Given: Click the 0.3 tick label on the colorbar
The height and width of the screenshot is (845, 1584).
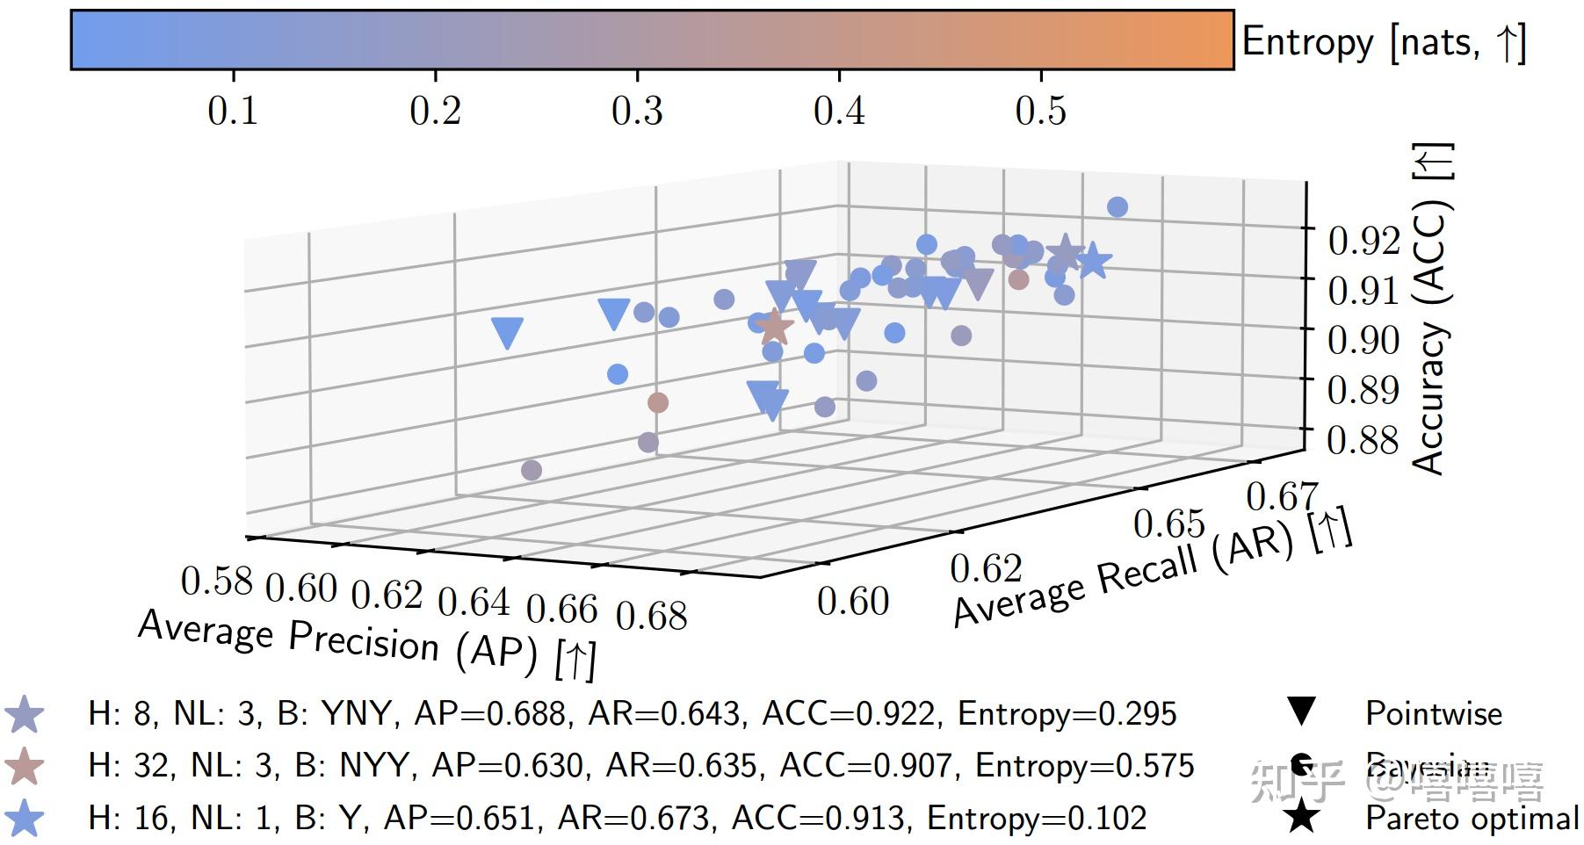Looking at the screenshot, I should (x=637, y=111).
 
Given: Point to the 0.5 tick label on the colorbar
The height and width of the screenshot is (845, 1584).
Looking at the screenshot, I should (x=1040, y=111).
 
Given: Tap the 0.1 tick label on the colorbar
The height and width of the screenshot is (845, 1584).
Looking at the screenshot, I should (x=233, y=111).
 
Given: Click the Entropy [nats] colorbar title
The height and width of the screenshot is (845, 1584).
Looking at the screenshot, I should (x=1383, y=42).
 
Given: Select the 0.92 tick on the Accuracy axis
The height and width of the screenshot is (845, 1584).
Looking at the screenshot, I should (x=1363, y=240).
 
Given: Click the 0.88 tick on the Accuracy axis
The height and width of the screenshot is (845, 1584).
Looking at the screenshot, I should (x=1363, y=439).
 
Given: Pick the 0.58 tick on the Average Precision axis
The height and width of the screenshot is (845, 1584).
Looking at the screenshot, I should (x=216, y=581).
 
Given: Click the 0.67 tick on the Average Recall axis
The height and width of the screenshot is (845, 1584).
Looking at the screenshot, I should (x=1282, y=497).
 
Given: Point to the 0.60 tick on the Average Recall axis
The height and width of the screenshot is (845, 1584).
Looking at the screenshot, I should (x=853, y=602).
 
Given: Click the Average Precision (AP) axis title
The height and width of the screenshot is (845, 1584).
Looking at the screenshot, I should (x=367, y=644).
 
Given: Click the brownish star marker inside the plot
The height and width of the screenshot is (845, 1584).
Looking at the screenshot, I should (x=774, y=327).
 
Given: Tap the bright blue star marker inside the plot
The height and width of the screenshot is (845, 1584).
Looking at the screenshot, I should (x=1093, y=261).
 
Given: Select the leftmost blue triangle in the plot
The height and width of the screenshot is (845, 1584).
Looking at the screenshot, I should (x=508, y=333).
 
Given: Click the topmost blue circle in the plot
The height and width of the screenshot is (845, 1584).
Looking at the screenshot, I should (x=1117, y=207).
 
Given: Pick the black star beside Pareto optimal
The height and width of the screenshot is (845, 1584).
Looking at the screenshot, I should (x=1301, y=817).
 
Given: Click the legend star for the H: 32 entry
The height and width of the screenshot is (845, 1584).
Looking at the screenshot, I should (x=25, y=766).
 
